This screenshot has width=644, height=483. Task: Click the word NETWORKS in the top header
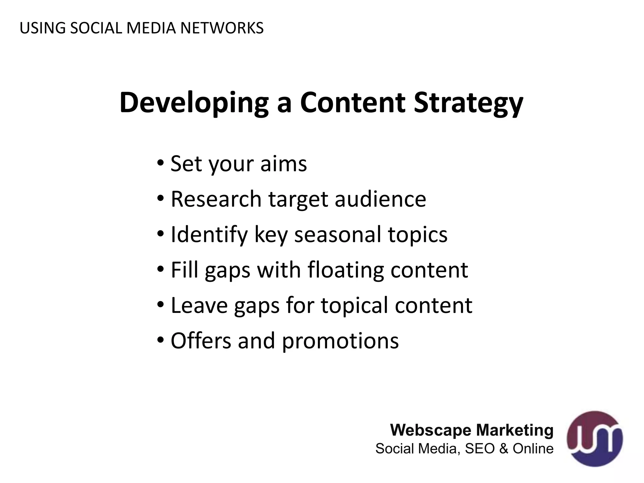(x=222, y=28)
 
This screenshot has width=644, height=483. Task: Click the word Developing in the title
(x=194, y=103)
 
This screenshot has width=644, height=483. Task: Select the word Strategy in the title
(x=468, y=103)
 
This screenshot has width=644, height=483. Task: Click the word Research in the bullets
(x=216, y=199)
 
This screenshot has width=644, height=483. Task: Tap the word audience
(x=380, y=199)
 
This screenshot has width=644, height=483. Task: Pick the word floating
(x=346, y=270)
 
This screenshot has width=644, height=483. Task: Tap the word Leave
(x=199, y=306)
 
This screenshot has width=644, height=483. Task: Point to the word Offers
(x=201, y=341)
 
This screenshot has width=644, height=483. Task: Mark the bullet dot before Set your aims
(x=160, y=163)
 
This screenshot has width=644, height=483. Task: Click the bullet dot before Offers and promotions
(x=160, y=340)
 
